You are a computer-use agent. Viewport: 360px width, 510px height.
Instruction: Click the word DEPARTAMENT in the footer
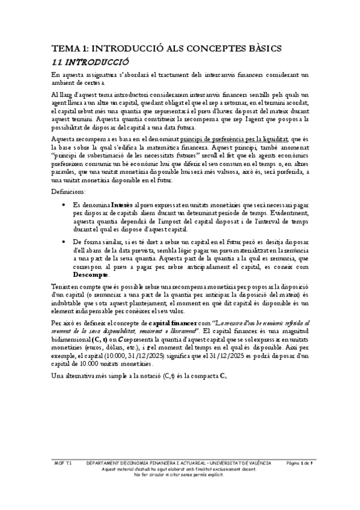tap(105, 463)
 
